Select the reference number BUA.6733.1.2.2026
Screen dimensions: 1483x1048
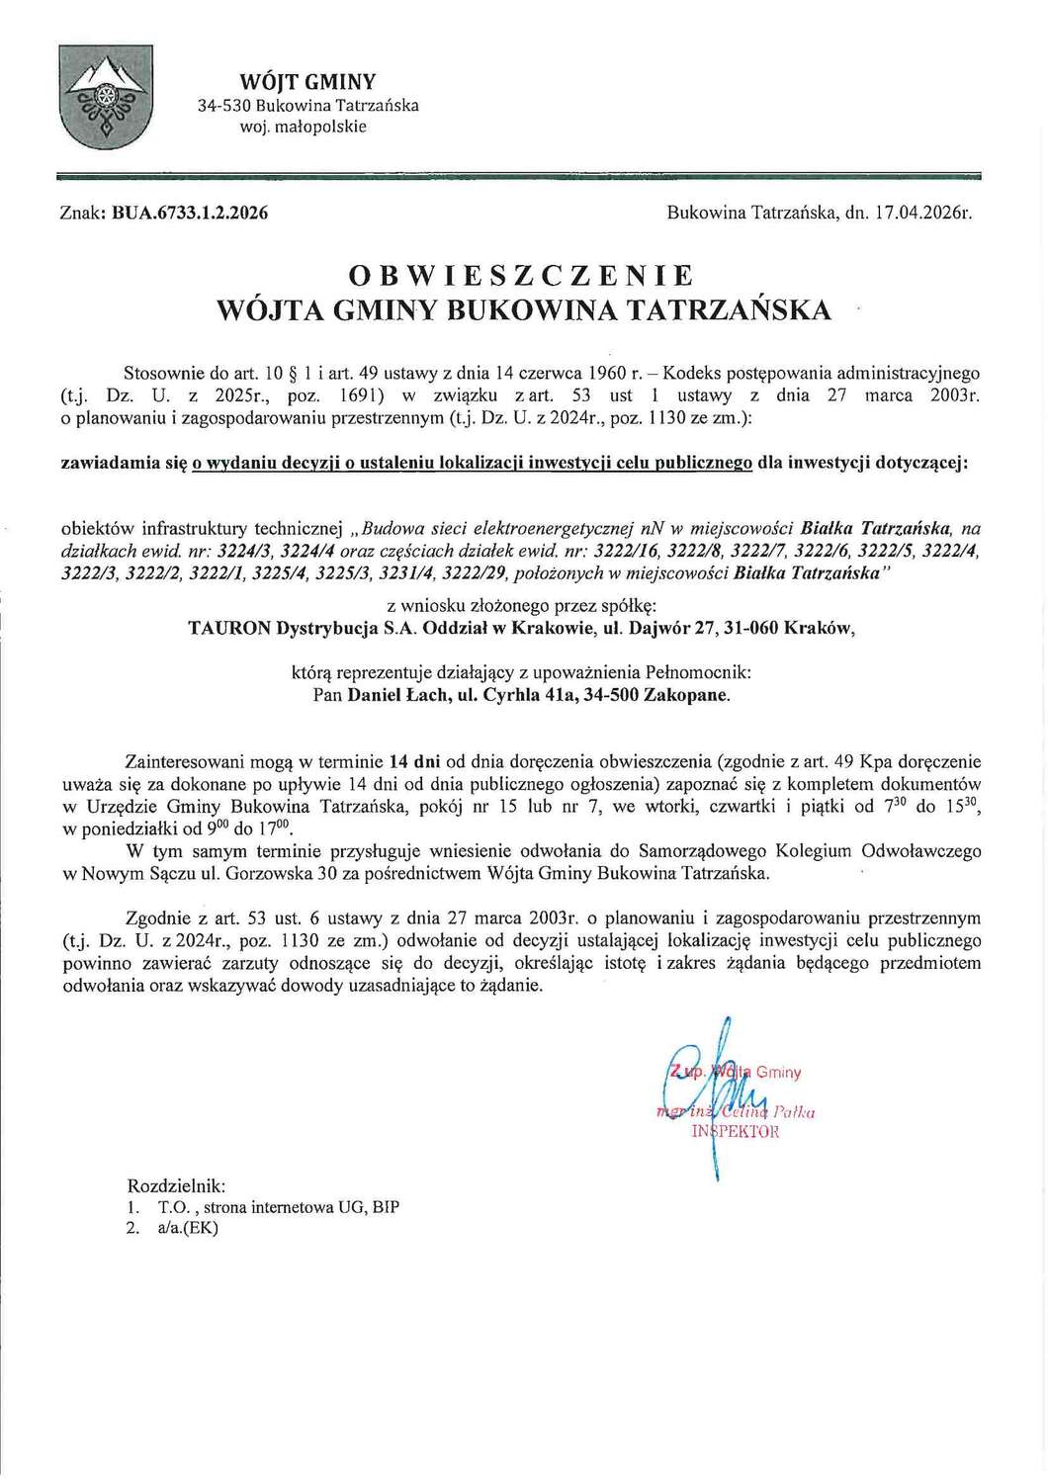pos(191,213)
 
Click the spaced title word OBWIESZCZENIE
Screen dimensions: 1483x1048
pos(523,274)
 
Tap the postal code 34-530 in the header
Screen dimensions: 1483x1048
pos(224,105)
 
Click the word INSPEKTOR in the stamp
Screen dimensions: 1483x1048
pos(736,1132)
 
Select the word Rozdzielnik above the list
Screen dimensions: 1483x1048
pos(176,1184)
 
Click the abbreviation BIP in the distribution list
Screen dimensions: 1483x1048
pos(386,1206)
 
